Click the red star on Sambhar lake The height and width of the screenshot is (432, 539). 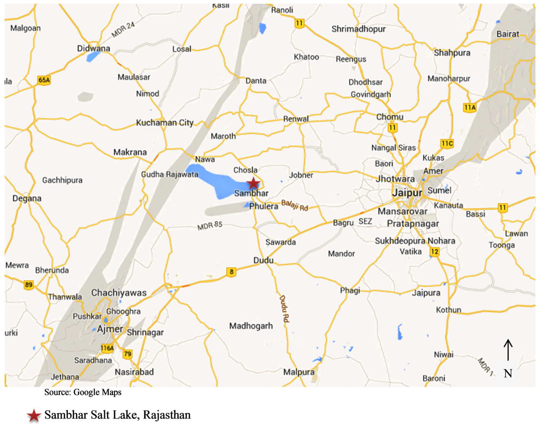(253, 183)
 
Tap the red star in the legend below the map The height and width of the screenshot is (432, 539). (34, 415)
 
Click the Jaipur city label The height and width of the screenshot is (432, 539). (407, 193)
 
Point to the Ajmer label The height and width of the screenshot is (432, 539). (110, 329)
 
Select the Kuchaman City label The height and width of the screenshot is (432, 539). (165, 123)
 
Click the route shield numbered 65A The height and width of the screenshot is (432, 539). (44, 80)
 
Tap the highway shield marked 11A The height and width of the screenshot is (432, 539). (470, 107)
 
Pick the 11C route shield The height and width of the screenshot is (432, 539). (447, 143)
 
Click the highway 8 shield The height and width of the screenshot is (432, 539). (231, 271)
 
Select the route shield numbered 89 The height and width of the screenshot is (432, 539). (29, 284)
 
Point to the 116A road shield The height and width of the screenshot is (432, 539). (107, 348)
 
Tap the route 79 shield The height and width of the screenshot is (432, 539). (127, 354)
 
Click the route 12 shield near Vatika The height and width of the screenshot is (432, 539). (434, 251)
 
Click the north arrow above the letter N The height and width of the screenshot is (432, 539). (508, 349)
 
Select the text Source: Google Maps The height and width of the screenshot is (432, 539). (83, 392)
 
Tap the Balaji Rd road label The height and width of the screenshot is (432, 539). (294, 205)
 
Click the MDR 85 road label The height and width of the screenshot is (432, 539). (210, 225)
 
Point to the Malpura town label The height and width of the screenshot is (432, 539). (299, 372)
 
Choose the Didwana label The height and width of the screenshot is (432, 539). (93, 48)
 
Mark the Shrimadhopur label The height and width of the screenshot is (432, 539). (358, 29)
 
